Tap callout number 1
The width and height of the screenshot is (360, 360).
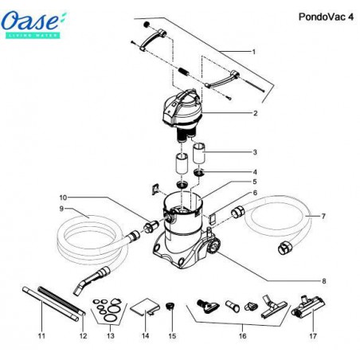click(x=252, y=52)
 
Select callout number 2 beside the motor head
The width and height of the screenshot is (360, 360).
click(x=254, y=114)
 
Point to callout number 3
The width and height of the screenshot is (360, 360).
click(x=254, y=152)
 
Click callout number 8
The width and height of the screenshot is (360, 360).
click(x=323, y=281)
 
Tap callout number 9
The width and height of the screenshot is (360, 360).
click(x=37, y=209)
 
